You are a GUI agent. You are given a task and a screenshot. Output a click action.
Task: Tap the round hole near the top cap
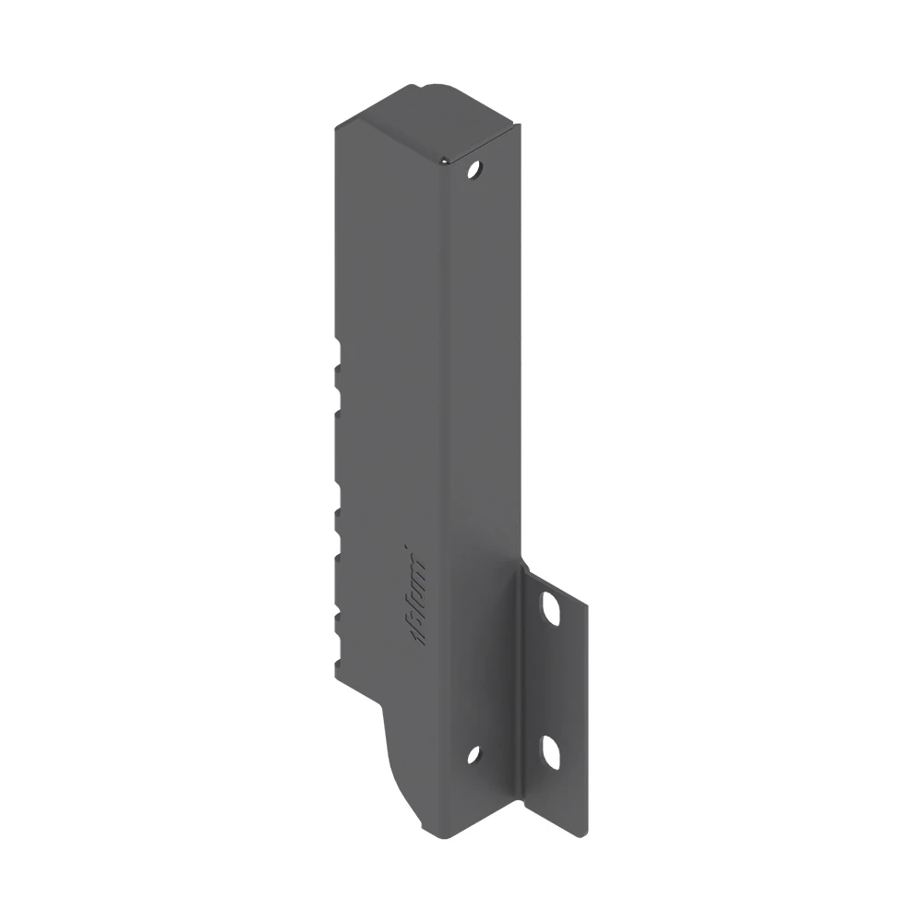coord(474,170)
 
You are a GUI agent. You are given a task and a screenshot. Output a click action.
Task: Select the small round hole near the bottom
coord(473,754)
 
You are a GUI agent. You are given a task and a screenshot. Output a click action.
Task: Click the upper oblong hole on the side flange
coord(552,608)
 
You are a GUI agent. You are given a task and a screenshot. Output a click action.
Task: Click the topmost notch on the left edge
coord(338,354)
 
